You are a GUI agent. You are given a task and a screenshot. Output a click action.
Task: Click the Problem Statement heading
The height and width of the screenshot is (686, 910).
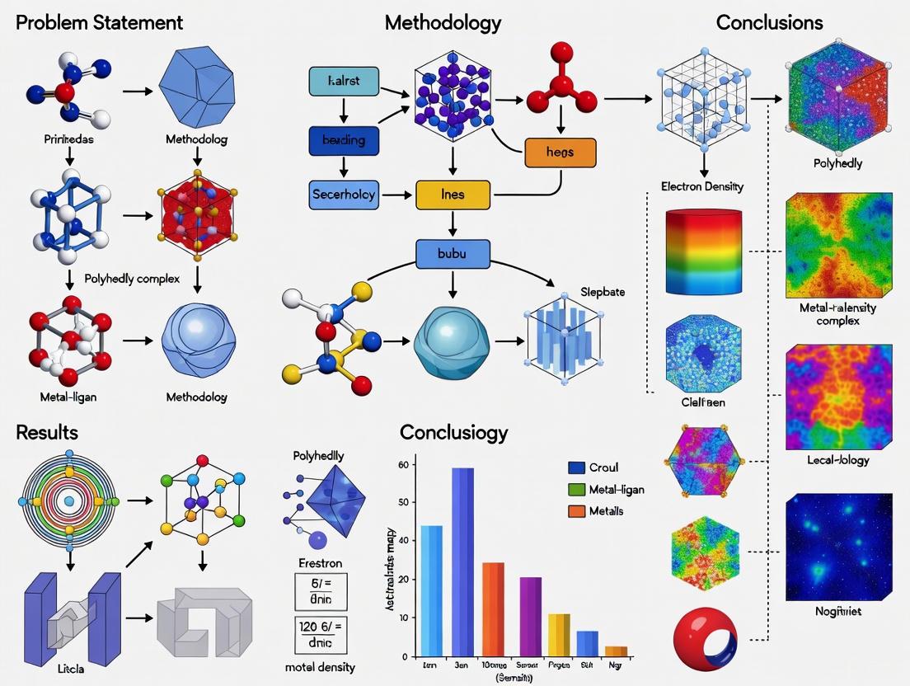tap(100, 22)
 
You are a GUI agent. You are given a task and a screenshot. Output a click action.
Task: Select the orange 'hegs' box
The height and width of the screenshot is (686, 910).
tap(560, 152)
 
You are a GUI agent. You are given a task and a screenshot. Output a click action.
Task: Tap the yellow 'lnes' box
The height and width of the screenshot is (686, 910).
tap(453, 195)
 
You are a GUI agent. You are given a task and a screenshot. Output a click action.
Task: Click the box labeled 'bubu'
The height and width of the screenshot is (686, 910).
tap(453, 254)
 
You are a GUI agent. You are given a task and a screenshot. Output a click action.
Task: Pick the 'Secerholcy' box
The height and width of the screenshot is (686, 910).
tap(344, 195)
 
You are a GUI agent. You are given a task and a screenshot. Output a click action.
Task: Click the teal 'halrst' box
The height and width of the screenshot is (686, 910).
tap(344, 81)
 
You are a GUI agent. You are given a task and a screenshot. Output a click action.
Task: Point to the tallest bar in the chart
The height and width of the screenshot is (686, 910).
tap(462, 561)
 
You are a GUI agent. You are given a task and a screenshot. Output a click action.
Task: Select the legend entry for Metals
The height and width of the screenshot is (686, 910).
tap(605, 511)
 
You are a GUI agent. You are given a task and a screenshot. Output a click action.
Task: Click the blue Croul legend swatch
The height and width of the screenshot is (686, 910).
tap(576, 468)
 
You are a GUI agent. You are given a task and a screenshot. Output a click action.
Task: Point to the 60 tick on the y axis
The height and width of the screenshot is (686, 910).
tap(403, 465)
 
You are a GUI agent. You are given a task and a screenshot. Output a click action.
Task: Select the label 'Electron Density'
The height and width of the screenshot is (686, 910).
tap(702, 186)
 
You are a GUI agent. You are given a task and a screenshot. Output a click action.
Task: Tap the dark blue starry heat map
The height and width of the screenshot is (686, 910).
tap(838, 545)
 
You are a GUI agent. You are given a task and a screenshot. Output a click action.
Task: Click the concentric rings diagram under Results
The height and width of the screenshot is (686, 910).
tap(68, 500)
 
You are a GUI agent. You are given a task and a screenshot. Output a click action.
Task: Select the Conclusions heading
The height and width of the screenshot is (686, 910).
tap(769, 22)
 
